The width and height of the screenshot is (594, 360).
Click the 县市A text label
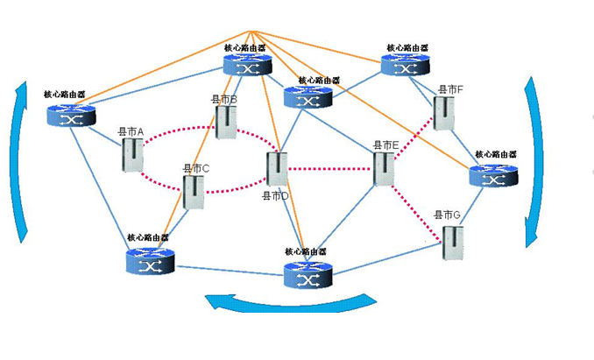(131, 132)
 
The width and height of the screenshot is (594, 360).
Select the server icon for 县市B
(226, 123)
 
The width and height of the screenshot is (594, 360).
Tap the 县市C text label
(195, 168)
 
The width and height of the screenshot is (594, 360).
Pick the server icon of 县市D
(277, 168)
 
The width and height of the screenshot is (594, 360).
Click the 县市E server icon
(384, 166)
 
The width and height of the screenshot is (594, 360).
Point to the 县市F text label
(450, 90)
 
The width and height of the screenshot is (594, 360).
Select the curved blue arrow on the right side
(532, 162)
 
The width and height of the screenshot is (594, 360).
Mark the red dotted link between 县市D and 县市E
(330, 168)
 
